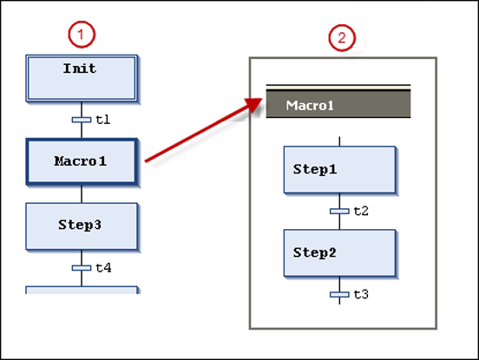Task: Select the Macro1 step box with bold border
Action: point(81,161)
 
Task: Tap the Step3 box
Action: point(81,226)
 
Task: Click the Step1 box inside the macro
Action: point(340,169)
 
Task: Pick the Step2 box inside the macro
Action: point(340,252)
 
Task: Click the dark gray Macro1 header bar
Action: point(338,106)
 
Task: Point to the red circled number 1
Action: point(82,36)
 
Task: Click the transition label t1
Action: point(102,120)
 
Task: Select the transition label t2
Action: point(362,211)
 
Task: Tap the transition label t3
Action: point(362,295)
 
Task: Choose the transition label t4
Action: point(103,268)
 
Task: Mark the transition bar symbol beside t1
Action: point(82,120)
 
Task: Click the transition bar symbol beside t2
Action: point(339,211)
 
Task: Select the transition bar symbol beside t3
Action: point(339,295)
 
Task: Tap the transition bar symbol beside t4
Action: point(82,268)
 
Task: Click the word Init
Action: point(81,68)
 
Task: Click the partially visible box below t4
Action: point(81,290)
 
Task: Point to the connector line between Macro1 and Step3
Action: point(82,193)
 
